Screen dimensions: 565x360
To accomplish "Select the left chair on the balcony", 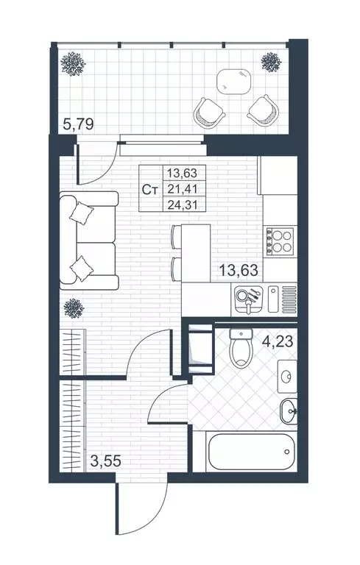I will click(x=208, y=111).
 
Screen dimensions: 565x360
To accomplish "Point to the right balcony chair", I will click(x=263, y=110).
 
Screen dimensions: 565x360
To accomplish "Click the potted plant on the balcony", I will click(x=73, y=65).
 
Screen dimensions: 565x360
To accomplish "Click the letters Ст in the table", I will click(x=151, y=189).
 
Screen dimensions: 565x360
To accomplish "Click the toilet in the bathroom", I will click(x=240, y=352).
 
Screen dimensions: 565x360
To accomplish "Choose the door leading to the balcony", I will click(x=98, y=163).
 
